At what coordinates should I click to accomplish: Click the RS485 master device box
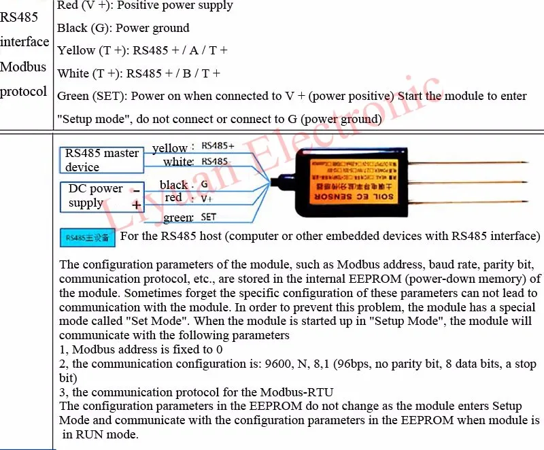tap(101, 160)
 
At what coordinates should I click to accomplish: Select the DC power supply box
tap(102, 196)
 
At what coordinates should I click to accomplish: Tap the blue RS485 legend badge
tap(88, 238)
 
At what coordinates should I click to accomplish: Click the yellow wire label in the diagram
tap(169, 148)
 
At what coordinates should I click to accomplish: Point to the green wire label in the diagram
tap(178, 218)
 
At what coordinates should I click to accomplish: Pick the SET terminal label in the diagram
tap(209, 217)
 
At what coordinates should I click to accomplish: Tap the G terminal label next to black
tap(204, 184)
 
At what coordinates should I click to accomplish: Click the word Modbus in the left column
tap(23, 67)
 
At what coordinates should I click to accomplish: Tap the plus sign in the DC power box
tap(136, 205)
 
